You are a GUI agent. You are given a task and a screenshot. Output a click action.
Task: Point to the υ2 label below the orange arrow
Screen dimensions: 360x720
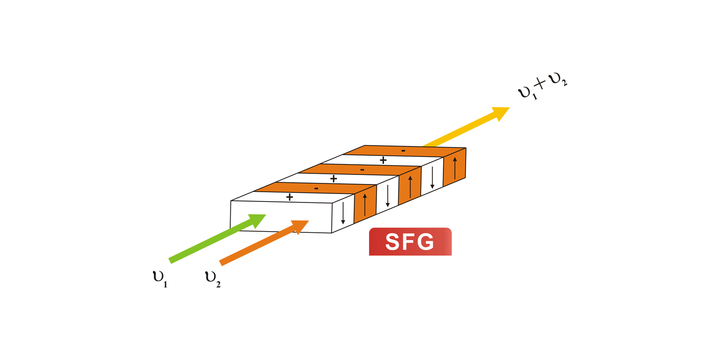[x=212, y=279]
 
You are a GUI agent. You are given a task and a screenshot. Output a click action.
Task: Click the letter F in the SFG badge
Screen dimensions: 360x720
[x=410, y=242]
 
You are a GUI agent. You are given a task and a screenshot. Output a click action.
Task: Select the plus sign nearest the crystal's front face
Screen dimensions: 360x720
[x=289, y=197]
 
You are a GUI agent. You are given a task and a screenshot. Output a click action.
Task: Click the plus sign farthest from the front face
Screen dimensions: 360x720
[x=383, y=160]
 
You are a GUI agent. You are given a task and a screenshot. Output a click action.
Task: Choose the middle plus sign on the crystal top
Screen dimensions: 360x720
[x=333, y=179]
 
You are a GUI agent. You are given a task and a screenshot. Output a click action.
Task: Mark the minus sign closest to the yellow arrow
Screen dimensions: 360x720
[x=403, y=150]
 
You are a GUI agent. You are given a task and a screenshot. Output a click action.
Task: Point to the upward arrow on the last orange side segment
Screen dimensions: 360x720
[x=455, y=168]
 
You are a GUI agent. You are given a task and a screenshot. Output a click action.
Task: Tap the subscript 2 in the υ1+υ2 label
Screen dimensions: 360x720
[x=564, y=84]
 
